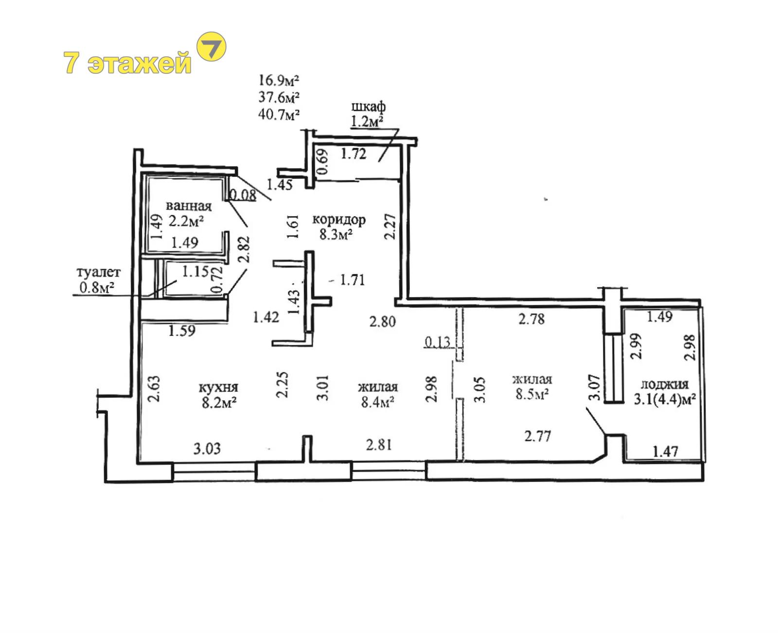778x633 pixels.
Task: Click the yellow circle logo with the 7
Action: [211, 46]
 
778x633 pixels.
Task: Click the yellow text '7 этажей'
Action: [127, 62]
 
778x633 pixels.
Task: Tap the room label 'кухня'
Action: [218, 387]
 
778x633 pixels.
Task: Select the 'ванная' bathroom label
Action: [189, 206]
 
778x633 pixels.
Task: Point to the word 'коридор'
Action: [339, 220]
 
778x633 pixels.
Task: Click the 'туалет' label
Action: [99, 272]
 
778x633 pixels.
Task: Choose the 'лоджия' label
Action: [665, 384]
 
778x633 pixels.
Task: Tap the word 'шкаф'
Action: [369, 106]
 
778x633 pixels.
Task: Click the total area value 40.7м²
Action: [279, 114]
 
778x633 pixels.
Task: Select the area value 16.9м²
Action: [279, 80]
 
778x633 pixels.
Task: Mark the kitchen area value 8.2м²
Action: [219, 403]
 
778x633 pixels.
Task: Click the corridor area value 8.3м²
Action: [336, 234]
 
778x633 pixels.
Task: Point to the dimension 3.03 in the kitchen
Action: [207, 448]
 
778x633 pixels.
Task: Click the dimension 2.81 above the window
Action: [379, 444]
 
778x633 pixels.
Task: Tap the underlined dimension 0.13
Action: [438, 342]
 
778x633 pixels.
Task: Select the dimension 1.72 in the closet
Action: [353, 154]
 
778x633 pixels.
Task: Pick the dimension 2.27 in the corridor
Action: [390, 227]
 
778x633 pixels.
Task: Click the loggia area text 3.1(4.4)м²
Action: [665, 400]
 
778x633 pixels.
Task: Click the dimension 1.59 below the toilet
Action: [181, 331]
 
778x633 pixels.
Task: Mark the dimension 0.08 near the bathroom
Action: [243, 195]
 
